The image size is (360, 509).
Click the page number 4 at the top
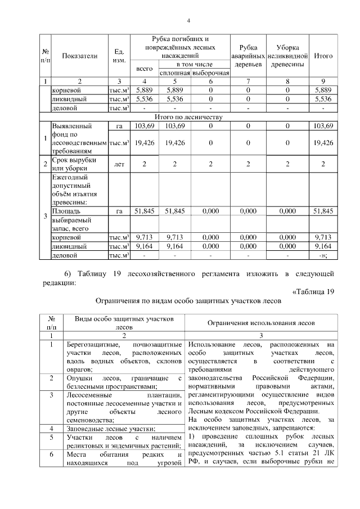click(189, 21)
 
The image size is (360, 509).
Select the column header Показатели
click(79, 56)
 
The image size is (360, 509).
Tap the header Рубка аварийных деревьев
click(248, 56)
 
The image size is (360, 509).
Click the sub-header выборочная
click(210, 73)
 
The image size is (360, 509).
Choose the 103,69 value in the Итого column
click(323, 125)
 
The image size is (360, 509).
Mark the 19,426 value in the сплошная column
click(175, 143)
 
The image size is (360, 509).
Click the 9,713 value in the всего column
click(145, 237)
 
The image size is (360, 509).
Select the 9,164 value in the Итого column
click(323, 246)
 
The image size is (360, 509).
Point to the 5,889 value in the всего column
click(145, 89)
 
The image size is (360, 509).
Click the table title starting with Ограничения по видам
click(188, 301)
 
